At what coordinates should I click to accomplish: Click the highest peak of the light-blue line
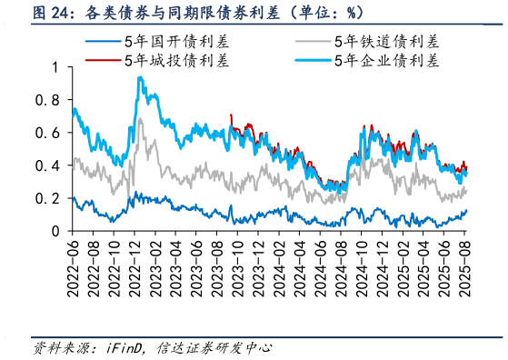pyautogui.click(x=139, y=77)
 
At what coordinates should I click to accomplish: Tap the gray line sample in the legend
pyautogui.click(x=314, y=42)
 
